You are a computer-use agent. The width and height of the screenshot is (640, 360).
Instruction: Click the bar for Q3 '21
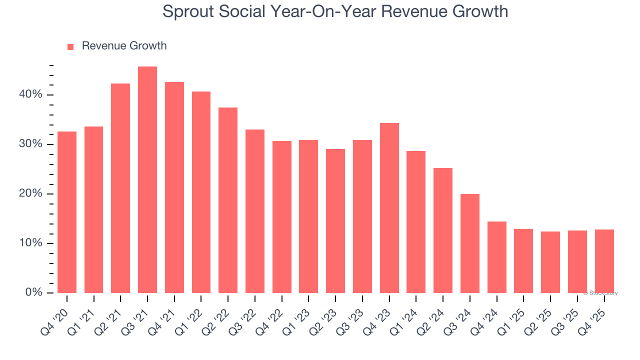click(x=147, y=180)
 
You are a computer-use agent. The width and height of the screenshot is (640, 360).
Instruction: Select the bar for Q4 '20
click(x=67, y=212)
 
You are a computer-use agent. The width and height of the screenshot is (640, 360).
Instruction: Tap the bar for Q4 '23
click(x=389, y=208)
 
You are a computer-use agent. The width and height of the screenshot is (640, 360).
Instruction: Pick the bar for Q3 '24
click(x=470, y=243)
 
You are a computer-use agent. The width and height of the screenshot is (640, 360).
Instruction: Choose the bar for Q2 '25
click(x=550, y=262)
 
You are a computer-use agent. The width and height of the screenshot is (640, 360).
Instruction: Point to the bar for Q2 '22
click(x=228, y=200)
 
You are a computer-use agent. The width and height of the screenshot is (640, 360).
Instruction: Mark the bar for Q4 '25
click(x=604, y=261)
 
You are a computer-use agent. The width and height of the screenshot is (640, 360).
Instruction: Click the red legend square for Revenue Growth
click(x=70, y=46)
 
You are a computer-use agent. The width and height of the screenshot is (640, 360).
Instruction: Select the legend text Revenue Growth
click(x=124, y=46)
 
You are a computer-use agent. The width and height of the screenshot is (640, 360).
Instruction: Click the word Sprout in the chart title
click(x=187, y=11)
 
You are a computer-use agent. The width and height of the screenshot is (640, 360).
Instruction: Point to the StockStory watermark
click(x=600, y=293)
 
